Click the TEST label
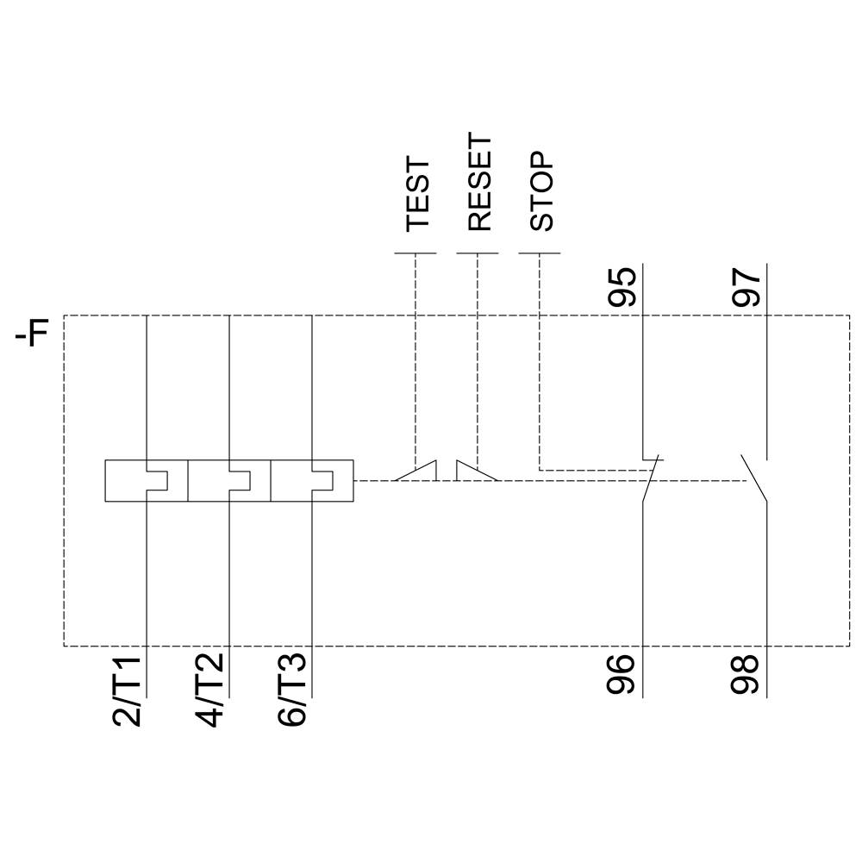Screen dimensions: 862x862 pos(418,193)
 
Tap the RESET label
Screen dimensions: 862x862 pos(479,182)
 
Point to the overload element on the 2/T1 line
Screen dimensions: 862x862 pos(146,480)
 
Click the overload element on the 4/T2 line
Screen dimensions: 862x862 pos(228,480)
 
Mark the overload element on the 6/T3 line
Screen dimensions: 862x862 pos(311,480)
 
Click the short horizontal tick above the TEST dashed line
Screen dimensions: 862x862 pos(415,253)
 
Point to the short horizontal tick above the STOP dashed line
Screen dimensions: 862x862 pos(540,253)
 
